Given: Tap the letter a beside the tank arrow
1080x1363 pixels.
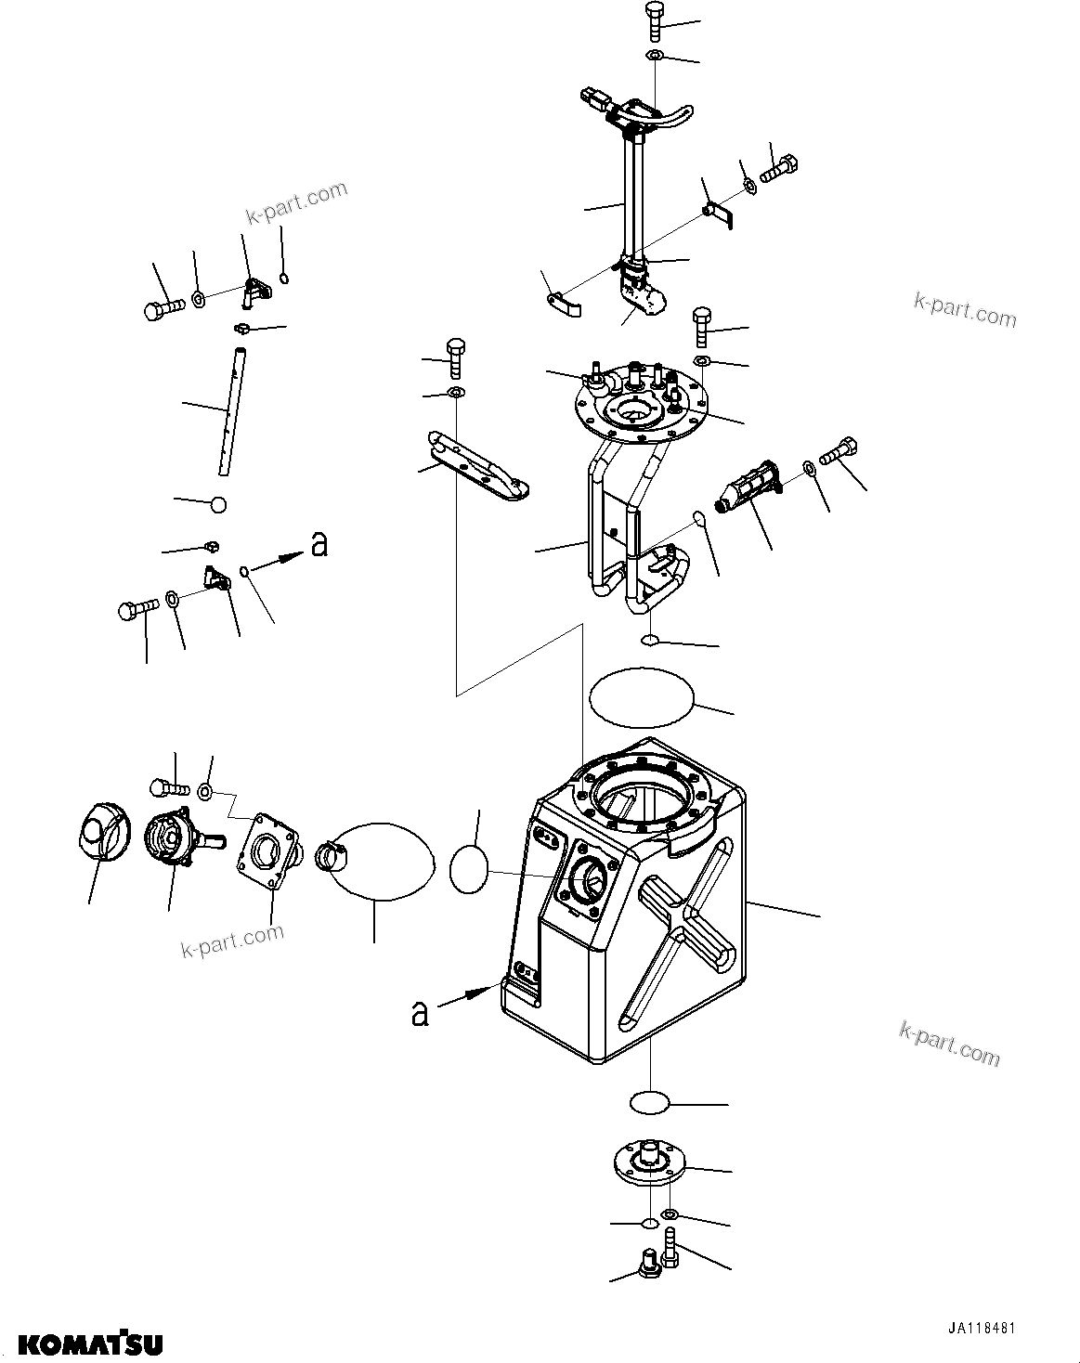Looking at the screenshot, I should coord(421,1013).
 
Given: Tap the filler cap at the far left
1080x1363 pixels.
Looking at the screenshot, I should coord(100,831).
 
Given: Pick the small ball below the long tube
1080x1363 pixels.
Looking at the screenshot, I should coord(218,504).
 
